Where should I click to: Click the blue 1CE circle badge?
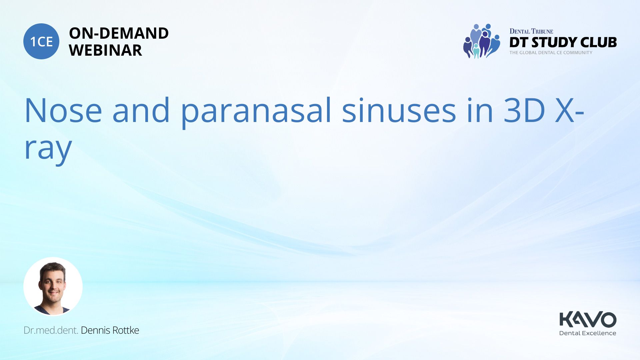[x=41, y=41]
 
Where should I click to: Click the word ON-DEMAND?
[x=119, y=33]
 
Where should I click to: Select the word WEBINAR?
[x=105, y=50]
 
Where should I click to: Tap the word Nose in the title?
[x=63, y=110]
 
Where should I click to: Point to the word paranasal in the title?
[x=256, y=112]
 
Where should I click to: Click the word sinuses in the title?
[x=399, y=110]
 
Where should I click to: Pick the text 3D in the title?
[x=524, y=110]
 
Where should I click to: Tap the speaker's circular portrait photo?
[x=53, y=287]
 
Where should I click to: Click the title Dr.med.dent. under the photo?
[x=51, y=330]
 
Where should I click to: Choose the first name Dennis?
[x=95, y=330]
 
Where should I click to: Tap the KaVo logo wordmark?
[x=588, y=320]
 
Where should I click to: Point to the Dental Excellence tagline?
[x=587, y=333]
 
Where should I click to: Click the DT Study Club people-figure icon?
[x=482, y=41]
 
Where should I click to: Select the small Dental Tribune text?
[x=531, y=31]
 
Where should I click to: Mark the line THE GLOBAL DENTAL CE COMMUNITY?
[x=551, y=53]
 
